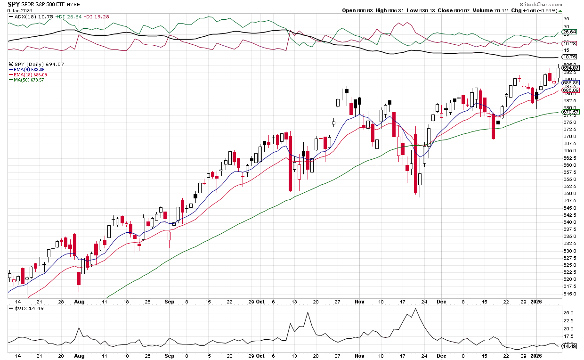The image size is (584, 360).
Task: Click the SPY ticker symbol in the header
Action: (13, 4)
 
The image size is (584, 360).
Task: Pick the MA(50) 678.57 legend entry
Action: (32, 80)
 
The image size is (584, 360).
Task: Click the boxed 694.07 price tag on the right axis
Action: (570, 68)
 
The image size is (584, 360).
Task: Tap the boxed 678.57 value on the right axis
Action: (570, 112)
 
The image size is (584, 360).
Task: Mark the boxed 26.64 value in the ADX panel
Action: (570, 32)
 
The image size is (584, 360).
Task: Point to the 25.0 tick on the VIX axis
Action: (568, 313)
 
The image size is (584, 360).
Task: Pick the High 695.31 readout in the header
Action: (385, 10)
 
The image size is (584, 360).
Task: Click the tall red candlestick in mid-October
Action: (290, 163)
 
